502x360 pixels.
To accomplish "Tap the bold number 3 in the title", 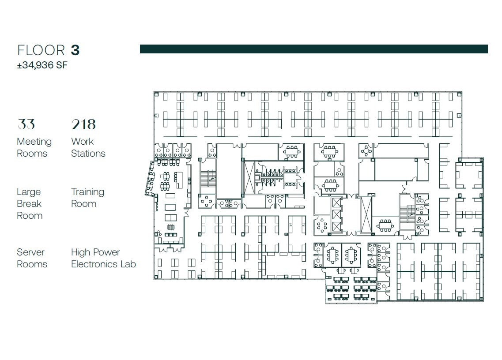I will coord(75,50).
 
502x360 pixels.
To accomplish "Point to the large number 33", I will coord(26,124).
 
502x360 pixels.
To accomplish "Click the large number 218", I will coord(83,124).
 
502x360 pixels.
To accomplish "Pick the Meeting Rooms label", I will coord(34,147).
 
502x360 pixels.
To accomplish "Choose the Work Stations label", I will coord(88,147).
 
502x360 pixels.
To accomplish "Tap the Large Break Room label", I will coord(30,203).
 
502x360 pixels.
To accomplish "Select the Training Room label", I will coord(87,198).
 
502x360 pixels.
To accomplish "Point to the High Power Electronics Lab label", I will coord(103,258).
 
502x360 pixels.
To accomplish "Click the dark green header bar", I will coord(313,49).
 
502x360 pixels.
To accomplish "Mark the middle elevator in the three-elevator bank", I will coord(336,215).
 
